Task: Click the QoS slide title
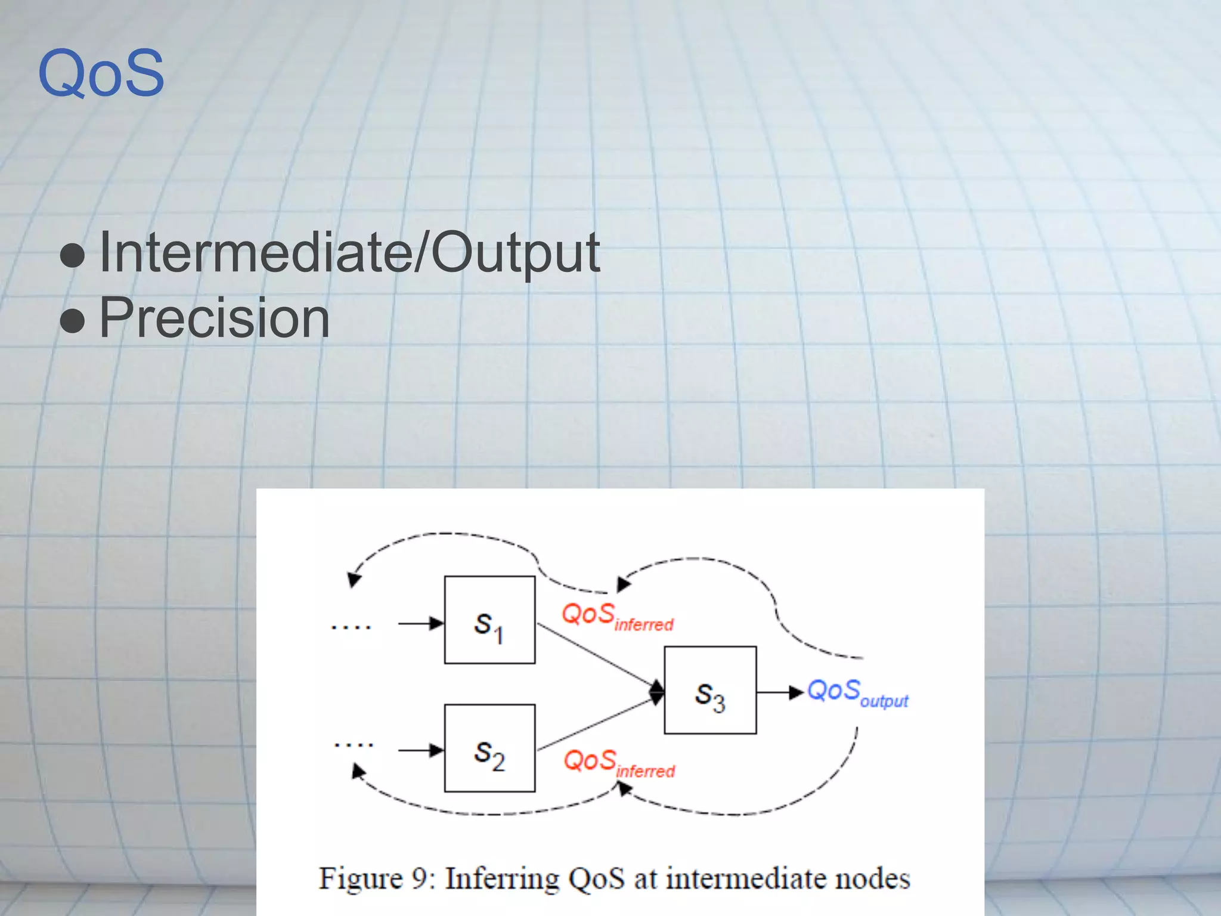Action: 101,74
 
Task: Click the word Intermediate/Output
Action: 349,253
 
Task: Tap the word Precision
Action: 214,318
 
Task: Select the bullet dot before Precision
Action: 73,320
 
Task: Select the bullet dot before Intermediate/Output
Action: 73,255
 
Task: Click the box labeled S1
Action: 489,620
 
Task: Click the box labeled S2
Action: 489,748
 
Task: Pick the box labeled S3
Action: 710,690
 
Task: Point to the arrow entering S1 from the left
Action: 420,624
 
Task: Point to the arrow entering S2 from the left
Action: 420,750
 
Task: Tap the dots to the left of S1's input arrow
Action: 351,627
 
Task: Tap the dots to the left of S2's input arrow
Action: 354,745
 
